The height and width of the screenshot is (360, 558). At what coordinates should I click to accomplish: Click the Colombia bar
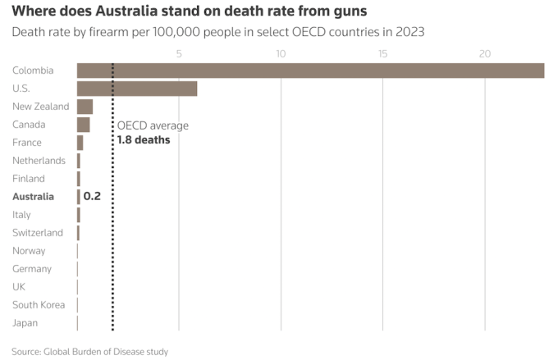point(310,71)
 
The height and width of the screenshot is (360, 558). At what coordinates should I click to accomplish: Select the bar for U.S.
point(137,89)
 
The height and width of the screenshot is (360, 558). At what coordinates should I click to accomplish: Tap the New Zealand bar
point(85,107)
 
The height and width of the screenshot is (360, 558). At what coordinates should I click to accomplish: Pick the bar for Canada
point(83,125)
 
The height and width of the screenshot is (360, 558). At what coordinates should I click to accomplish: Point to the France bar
point(80,143)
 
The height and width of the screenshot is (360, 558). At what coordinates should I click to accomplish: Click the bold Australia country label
point(33,197)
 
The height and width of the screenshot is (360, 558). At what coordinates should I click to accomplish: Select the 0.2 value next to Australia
point(92,197)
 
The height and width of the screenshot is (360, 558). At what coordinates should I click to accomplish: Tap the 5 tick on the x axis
point(179,54)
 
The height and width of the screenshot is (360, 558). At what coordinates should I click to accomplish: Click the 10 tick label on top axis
point(281,54)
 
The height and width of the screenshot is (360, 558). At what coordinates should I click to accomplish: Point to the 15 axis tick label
point(382,54)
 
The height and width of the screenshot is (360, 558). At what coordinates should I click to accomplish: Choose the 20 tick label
point(485,54)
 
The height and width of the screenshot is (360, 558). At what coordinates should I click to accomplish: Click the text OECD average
point(153,125)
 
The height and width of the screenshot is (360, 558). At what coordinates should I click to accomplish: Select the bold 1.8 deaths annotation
point(144,140)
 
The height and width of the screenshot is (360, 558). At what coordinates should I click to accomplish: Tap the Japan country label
point(25,323)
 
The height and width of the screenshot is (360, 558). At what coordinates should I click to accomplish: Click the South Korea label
point(39,305)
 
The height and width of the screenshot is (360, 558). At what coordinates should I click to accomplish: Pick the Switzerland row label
point(38,233)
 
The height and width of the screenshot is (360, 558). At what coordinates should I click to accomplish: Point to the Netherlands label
point(39,161)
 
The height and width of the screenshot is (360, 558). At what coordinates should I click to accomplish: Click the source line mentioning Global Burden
point(90,351)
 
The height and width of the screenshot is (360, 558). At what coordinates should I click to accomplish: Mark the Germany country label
point(32,269)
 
